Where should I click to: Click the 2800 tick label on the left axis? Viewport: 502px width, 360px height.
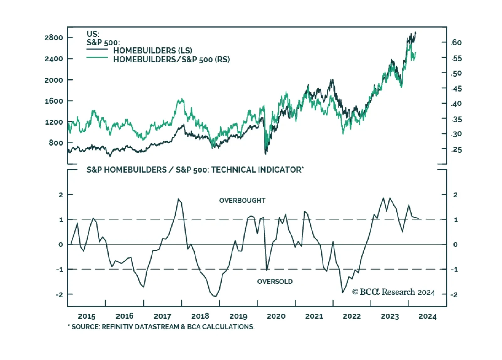click(x=54, y=38)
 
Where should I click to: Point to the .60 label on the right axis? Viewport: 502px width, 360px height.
click(x=456, y=43)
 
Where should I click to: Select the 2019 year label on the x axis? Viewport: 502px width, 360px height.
click(x=238, y=316)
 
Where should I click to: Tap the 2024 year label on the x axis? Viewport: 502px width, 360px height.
click(x=427, y=316)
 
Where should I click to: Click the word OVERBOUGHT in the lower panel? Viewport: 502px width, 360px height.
click(x=242, y=201)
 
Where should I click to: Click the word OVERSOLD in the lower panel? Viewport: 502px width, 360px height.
click(x=275, y=282)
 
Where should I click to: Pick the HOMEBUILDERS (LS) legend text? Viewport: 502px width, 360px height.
click(x=153, y=51)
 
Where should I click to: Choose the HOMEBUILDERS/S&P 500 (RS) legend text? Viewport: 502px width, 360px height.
click(x=171, y=59)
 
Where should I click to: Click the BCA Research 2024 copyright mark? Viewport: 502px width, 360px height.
click(x=393, y=292)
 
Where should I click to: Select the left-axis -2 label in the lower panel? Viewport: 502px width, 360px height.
click(x=59, y=295)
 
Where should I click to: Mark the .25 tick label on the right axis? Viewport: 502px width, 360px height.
click(x=457, y=150)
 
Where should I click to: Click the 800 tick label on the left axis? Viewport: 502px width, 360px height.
click(x=56, y=143)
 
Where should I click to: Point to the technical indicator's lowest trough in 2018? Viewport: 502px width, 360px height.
click(x=215, y=296)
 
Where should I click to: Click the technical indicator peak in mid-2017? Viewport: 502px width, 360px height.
click(x=179, y=199)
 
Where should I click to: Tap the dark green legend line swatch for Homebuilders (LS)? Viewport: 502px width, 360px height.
click(x=97, y=49)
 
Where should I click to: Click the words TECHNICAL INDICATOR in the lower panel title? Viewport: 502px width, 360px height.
click(x=256, y=170)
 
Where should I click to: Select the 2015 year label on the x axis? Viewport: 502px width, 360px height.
click(x=87, y=316)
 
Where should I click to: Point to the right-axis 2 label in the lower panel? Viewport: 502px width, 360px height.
click(x=456, y=195)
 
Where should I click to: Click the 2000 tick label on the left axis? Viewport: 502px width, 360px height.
click(x=54, y=80)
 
